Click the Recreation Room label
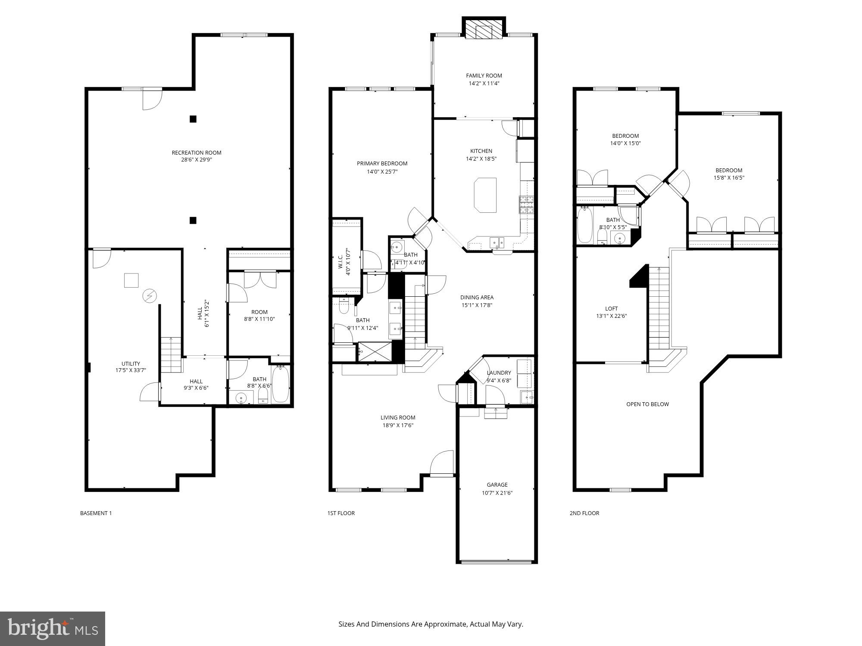197,152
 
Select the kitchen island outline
485,195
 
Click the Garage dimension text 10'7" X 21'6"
497,493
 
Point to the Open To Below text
647,404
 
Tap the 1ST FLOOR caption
341,513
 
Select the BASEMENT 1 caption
96,513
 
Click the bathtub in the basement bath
280,384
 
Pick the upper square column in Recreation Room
193,119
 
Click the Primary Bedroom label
382,163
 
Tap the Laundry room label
499,373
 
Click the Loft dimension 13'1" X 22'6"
611,316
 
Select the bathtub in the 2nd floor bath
585,225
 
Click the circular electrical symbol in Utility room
150,296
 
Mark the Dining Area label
477,297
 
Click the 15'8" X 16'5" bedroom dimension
729,177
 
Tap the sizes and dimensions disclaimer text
431,624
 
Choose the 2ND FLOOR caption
584,513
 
